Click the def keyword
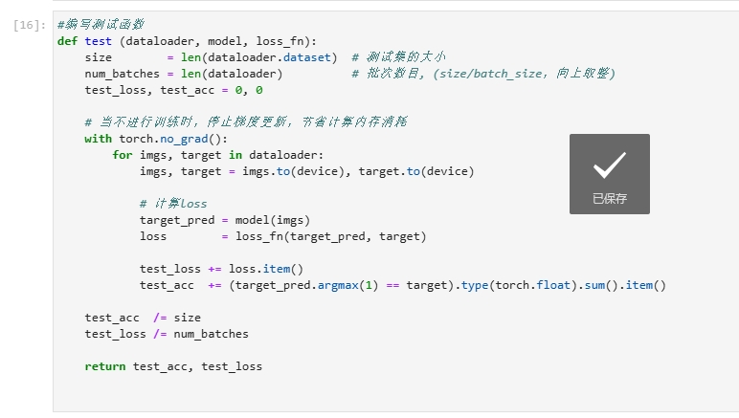[67, 41]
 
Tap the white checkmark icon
[609, 166]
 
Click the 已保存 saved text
[609, 199]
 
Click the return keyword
[105, 366]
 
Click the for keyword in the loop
[123, 155]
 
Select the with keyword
[98, 139]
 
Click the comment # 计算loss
[173, 204]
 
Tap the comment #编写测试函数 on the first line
[101, 25]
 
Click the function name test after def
[99, 41]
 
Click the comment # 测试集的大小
[398, 57]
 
